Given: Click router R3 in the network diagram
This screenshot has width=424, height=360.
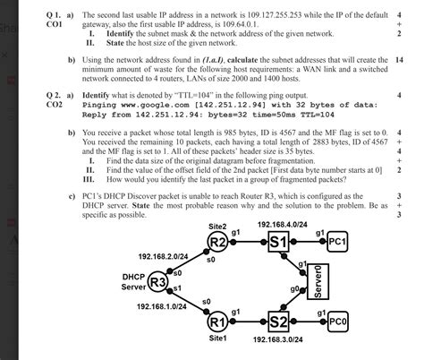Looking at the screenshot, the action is coord(158,282).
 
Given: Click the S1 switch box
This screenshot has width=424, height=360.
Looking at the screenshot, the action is coord(277,242).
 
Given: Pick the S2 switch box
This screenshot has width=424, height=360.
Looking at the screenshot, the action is coord(277,321).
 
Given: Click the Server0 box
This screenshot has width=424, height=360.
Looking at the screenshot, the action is coord(322,282).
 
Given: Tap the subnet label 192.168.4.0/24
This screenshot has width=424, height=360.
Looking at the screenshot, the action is coord(284,224).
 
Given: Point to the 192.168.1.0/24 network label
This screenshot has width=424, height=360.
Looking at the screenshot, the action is coord(163,306).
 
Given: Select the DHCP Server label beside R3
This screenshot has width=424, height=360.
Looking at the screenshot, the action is coord(133,283).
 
